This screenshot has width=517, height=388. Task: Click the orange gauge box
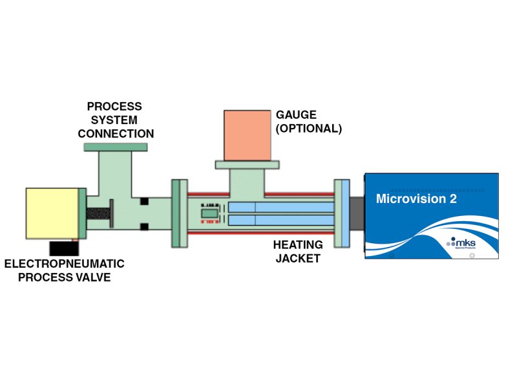[x=248, y=135]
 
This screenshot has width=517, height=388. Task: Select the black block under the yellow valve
[x=63, y=248]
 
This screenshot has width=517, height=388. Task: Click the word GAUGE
[x=296, y=115]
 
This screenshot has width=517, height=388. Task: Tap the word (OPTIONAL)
[x=308, y=128]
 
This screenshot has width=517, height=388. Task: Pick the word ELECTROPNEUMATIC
[x=64, y=264]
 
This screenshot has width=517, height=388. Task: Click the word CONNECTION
[x=116, y=134]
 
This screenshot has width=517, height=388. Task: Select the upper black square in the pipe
[x=144, y=201]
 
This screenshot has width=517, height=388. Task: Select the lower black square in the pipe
[x=144, y=226]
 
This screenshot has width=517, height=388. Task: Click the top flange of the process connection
[x=116, y=148]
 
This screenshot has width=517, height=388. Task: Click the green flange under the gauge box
[x=247, y=165]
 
